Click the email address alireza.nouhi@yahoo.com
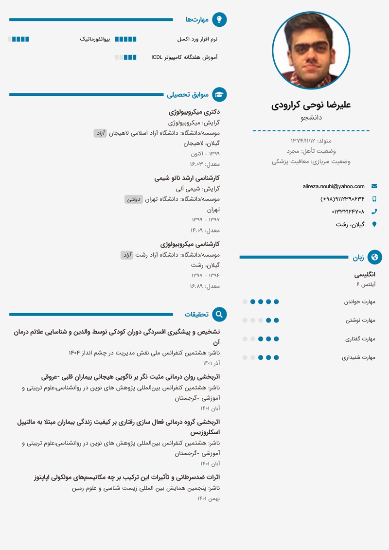334,186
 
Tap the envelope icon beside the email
374,186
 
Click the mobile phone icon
374,199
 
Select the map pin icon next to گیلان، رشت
374,224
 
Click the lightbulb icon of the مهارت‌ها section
220,19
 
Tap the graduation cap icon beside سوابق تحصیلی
220,94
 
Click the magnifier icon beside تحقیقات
220,314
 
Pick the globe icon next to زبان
375,257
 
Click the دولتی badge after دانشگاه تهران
134,199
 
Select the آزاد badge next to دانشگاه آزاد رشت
127,255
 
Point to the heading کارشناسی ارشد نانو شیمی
187,178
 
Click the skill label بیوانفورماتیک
95,39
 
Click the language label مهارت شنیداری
359,357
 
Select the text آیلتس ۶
366,284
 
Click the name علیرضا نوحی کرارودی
311,105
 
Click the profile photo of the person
311,51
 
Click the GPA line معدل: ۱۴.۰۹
205,230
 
